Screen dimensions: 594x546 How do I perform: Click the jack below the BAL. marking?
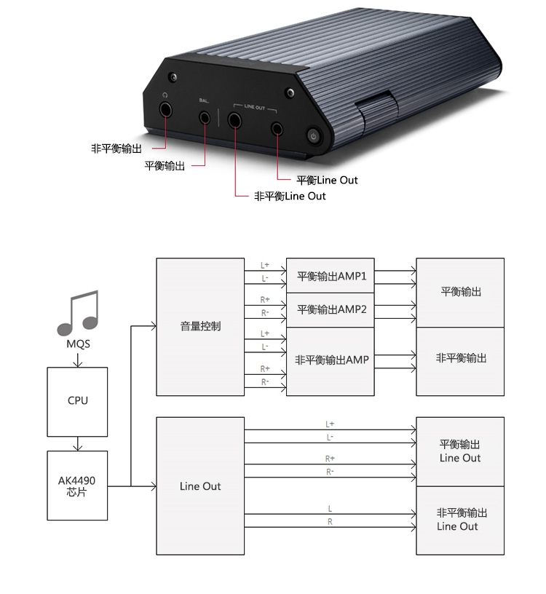(x=205, y=116)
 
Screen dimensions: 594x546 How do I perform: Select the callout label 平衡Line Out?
(x=327, y=180)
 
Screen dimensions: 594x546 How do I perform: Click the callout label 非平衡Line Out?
(x=290, y=197)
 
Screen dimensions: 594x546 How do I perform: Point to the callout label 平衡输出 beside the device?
(x=165, y=166)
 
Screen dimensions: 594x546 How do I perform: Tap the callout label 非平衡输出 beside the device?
(x=116, y=148)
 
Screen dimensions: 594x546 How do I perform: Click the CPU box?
(x=77, y=400)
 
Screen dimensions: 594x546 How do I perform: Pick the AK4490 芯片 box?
(x=77, y=486)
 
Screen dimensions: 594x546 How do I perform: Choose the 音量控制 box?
(x=200, y=327)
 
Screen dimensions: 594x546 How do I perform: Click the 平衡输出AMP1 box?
(x=331, y=276)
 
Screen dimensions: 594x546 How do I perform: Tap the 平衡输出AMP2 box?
(x=331, y=310)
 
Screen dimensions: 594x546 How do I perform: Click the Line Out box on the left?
(x=200, y=486)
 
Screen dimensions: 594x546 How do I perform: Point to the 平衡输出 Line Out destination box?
(x=459, y=451)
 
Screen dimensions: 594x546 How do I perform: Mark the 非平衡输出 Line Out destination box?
(x=459, y=520)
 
